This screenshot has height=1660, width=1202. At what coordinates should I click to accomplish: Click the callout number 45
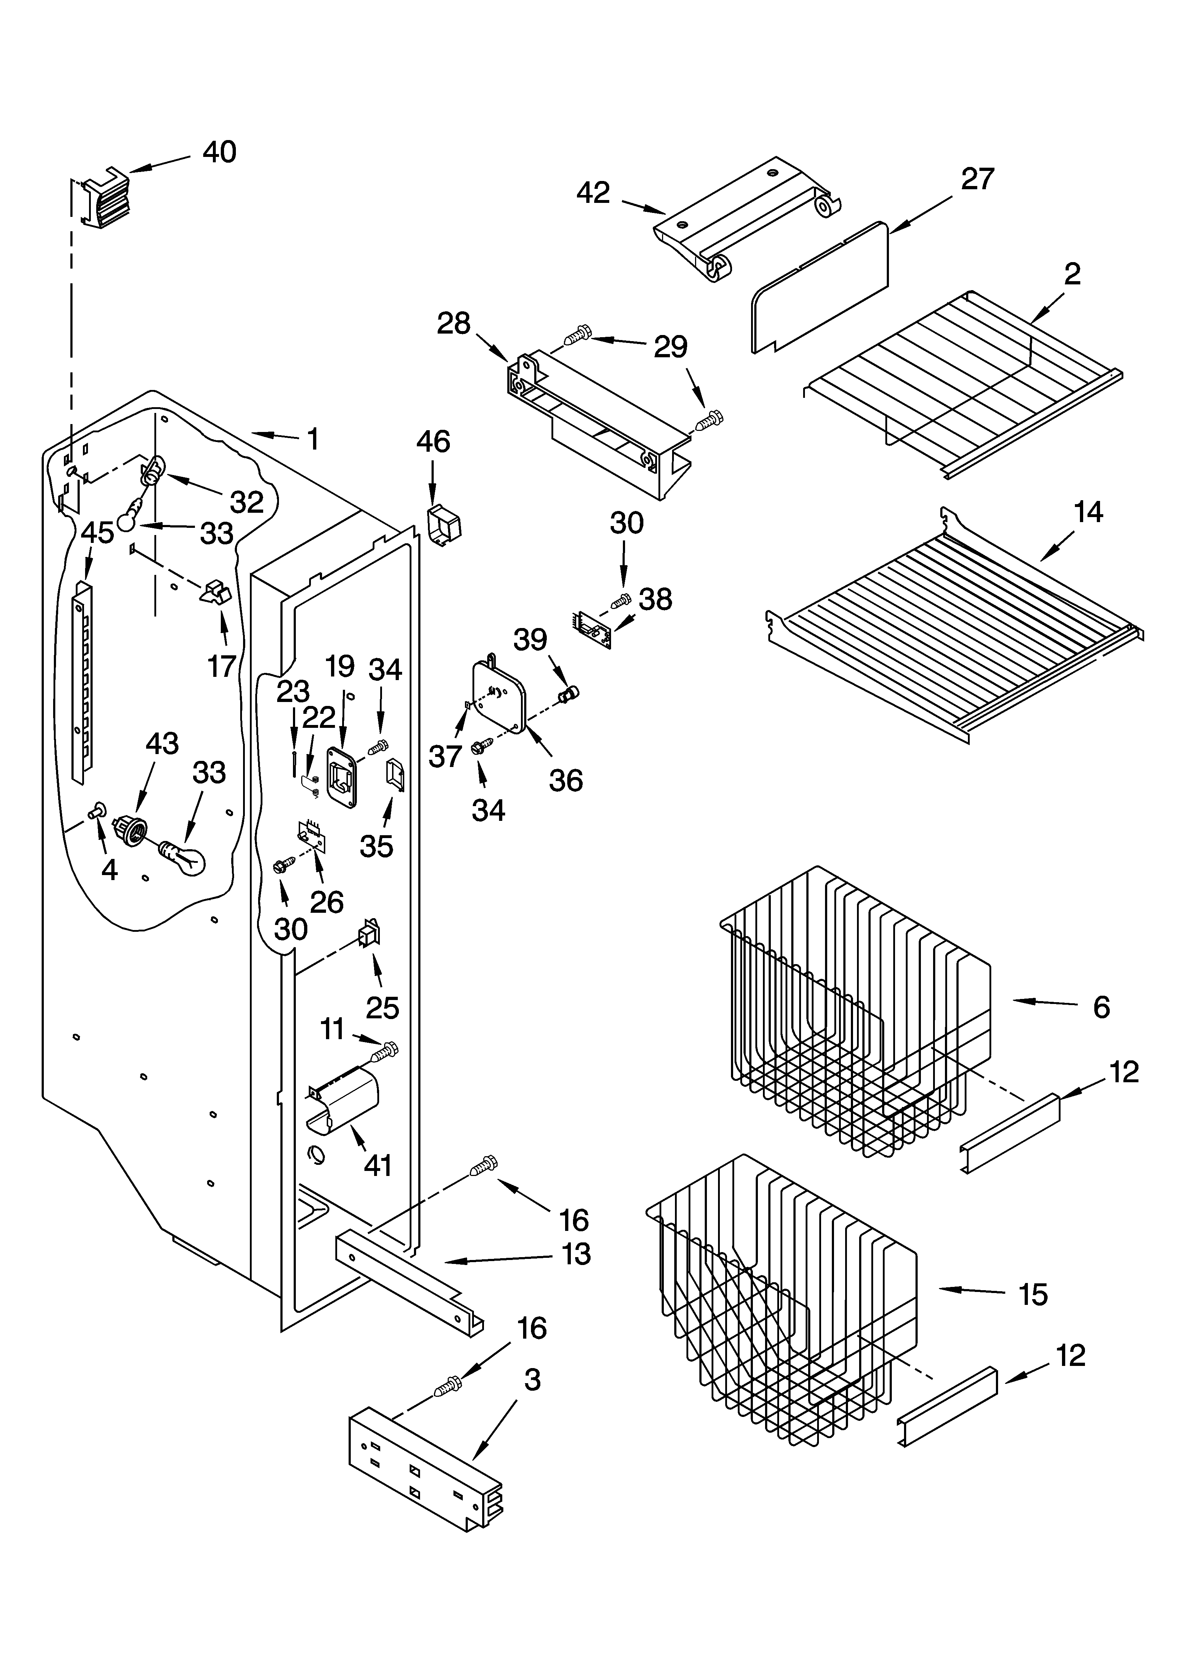(97, 533)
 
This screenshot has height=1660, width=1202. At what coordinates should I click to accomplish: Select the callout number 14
(1089, 512)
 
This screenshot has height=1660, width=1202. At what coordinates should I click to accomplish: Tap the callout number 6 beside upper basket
(1101, 1008)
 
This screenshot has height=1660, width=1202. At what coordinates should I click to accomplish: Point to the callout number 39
(530, 639)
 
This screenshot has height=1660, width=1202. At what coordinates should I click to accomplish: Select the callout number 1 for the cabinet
(313, 439)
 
